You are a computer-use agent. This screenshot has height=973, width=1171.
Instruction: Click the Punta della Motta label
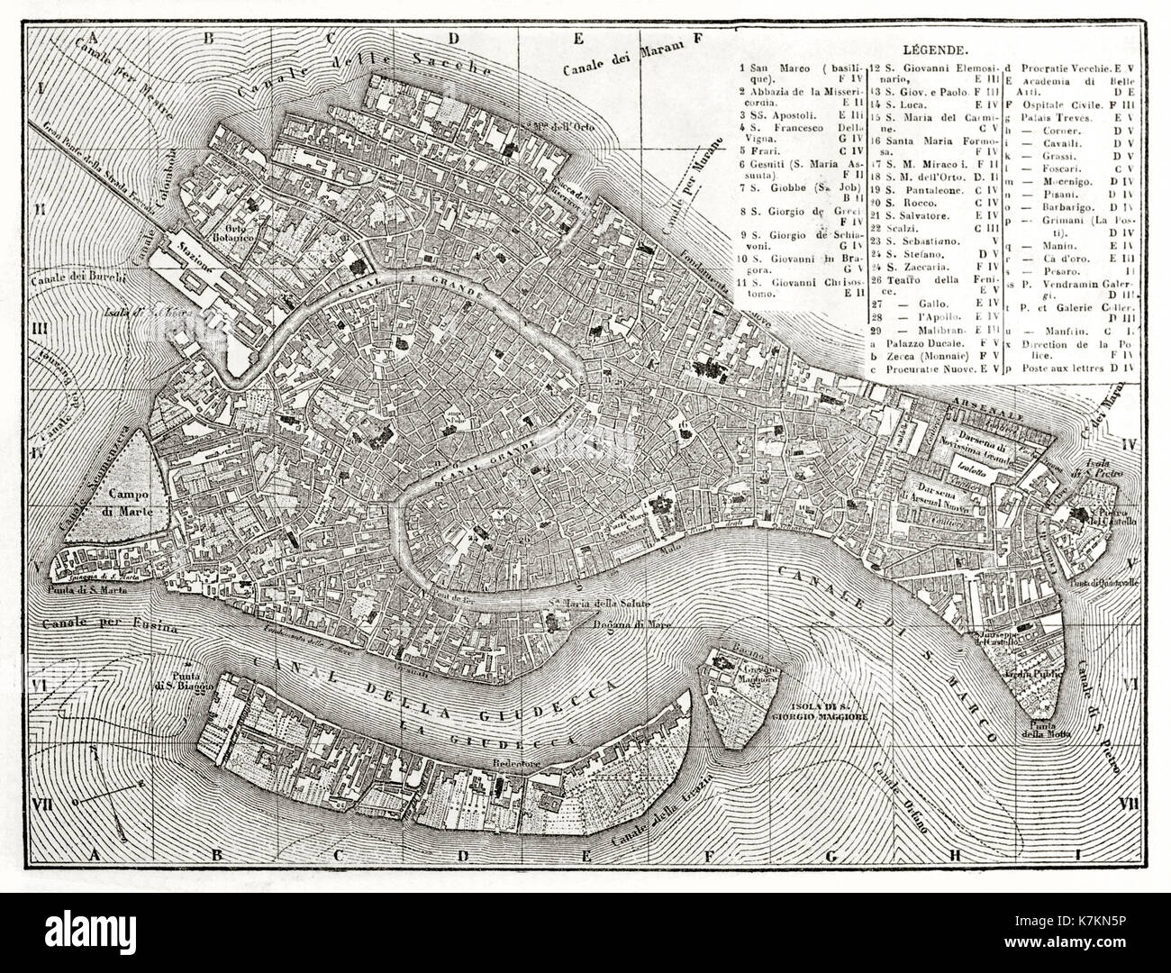[1054, 726]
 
